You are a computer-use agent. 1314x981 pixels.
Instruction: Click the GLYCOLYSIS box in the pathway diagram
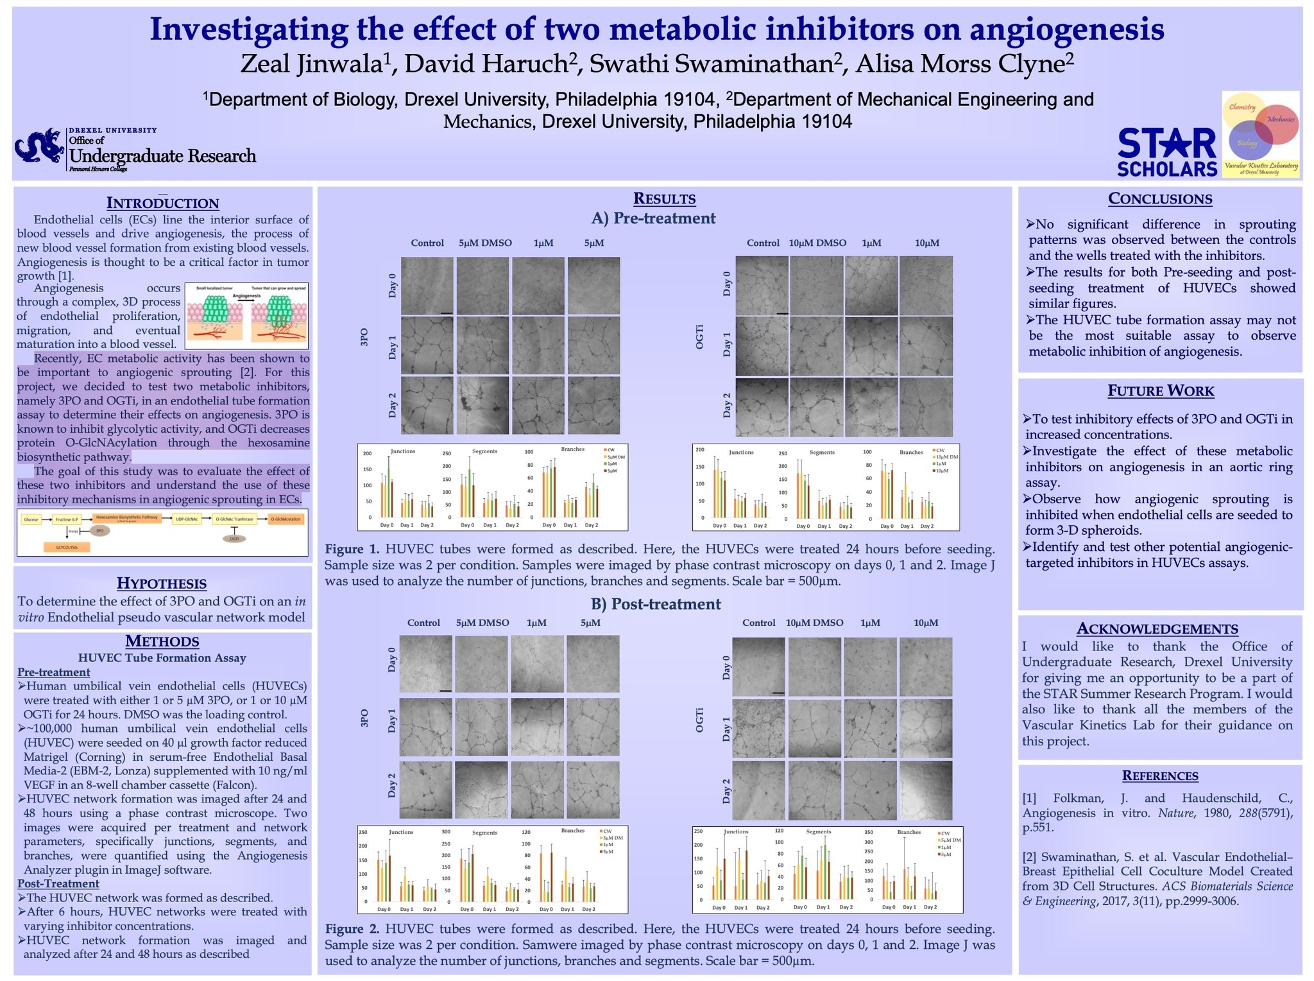tap(67, 547)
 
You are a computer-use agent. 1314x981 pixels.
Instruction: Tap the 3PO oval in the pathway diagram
tap(99, 531)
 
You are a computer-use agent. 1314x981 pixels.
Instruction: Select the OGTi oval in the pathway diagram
tap(234, 539)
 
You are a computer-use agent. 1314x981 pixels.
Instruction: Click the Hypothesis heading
tap(162, 583)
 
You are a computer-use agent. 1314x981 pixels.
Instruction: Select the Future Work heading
tap(1160, 390)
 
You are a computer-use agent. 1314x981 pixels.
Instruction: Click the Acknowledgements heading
tap(1157, 629)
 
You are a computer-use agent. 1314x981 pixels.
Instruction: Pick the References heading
tap(1160, 776)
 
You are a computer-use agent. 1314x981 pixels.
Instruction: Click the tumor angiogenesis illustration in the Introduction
tap(246, 315)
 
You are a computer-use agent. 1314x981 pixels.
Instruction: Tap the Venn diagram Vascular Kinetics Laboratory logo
tap(1260, 134)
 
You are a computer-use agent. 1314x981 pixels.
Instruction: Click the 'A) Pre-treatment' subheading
tap(653, 218)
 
